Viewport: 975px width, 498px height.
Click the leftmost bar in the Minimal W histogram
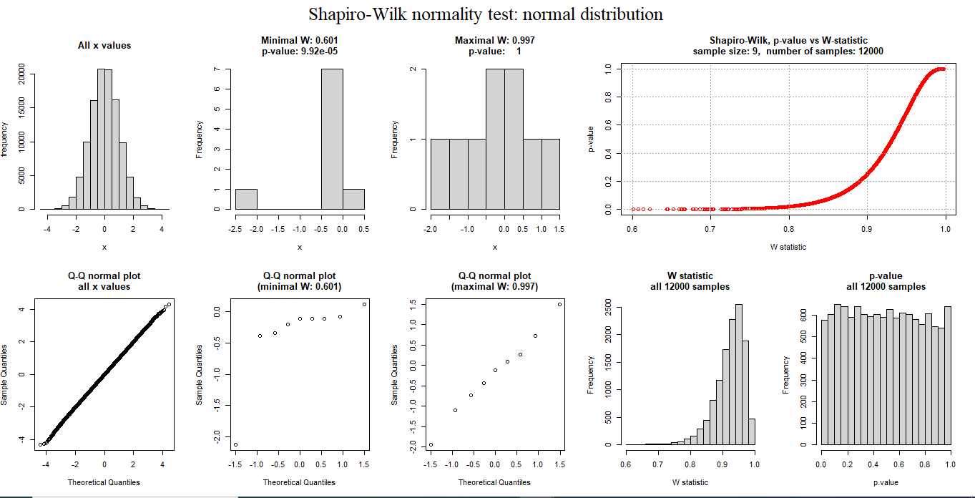(246, 199)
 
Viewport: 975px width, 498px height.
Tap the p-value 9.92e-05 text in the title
(299, 52)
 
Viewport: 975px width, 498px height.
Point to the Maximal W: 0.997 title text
(494, 41)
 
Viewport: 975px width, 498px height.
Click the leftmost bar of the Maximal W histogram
(439, 174)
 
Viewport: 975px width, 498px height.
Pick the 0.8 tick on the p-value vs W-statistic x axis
(788, 229)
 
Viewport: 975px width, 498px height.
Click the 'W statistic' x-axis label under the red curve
(788, 247)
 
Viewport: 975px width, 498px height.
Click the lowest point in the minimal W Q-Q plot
(235, 444)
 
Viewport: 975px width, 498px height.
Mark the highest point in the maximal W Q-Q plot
(559, 304)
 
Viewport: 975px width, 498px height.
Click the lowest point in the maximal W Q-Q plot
(431, 444)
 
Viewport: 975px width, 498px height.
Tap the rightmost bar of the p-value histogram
(947, 375)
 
